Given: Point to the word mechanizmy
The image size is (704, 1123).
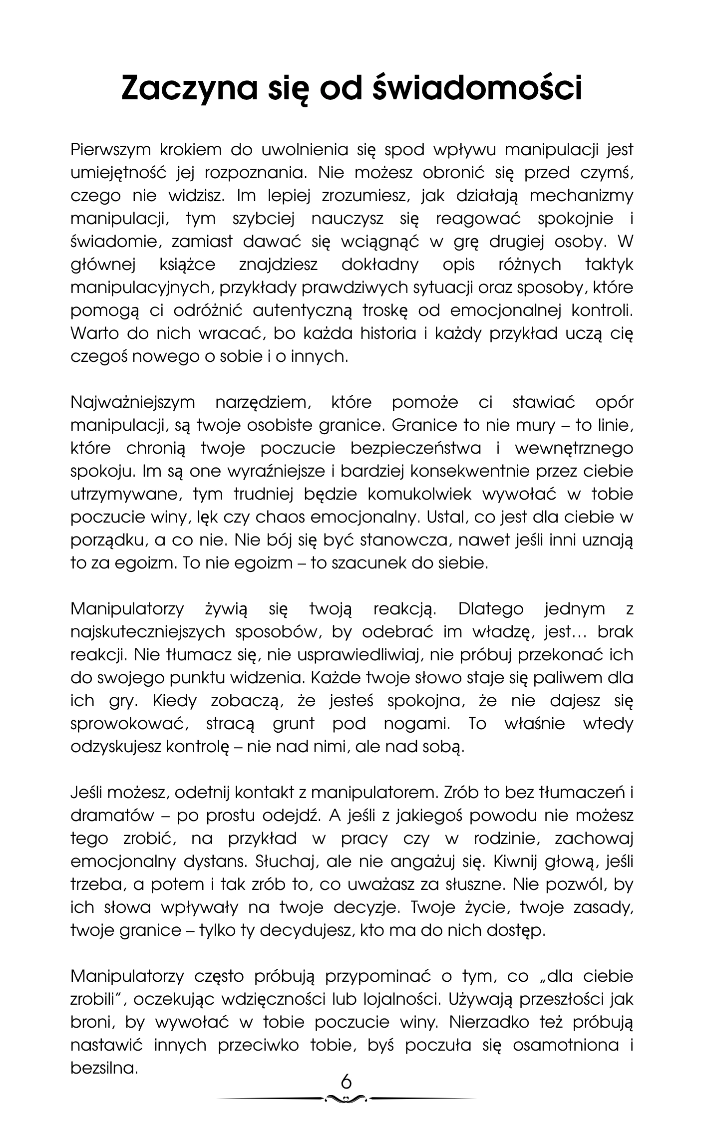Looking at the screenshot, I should coord(581,196).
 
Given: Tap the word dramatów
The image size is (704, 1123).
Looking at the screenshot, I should coord(112,816).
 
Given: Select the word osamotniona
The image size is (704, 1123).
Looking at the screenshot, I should coord(565,1045).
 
